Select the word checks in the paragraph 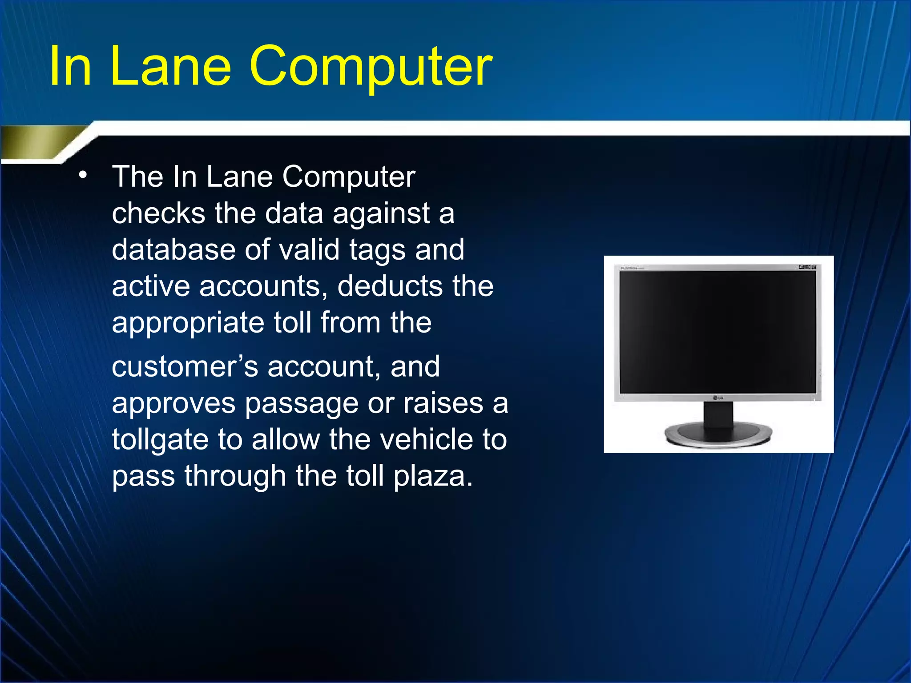click(158, 213)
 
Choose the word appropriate click(187, 323)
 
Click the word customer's click(185, 367)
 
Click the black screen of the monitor click(718, 331)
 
